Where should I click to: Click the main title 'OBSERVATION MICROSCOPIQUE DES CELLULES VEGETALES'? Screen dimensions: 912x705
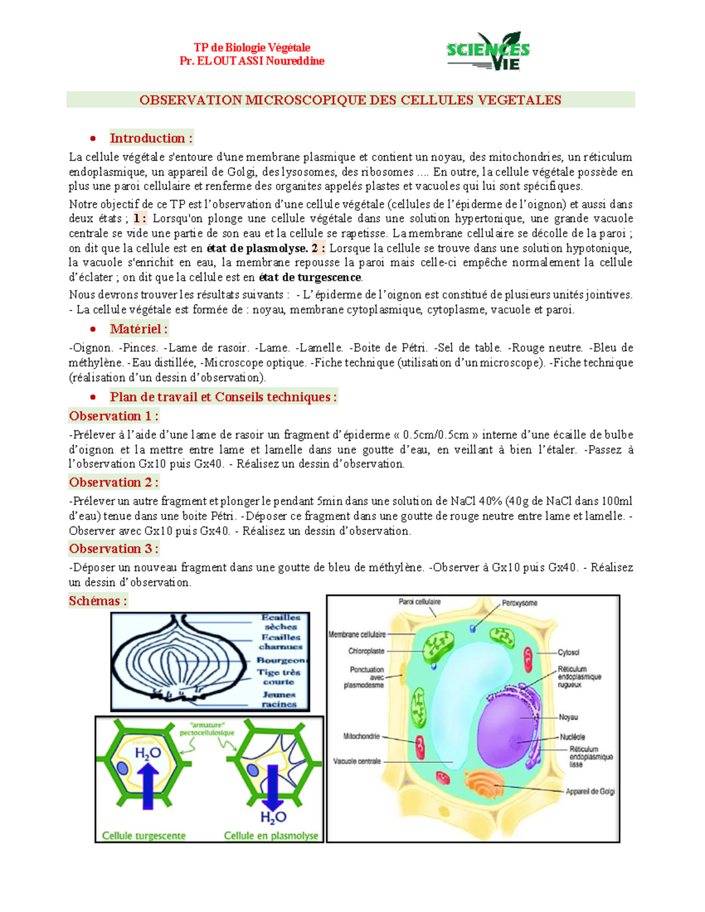[350, 100]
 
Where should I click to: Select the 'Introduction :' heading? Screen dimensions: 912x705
[151, 138]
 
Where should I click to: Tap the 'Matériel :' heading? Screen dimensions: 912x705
[139, 329]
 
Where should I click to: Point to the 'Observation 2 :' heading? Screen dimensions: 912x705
[113, 482]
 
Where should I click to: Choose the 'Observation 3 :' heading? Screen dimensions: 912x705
[113, 548]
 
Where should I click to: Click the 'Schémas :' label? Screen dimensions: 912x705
[98, 601]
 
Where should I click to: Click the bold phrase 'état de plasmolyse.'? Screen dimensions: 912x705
[257, 248]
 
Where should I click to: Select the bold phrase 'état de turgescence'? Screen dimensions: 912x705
[310, 277]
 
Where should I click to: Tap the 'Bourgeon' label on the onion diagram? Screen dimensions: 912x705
[280, 660]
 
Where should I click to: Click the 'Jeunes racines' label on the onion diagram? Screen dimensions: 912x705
[279, 699]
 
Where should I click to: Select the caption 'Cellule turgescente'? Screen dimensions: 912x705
[144, 835]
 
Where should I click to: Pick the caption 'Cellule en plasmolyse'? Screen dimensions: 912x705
[271, 835]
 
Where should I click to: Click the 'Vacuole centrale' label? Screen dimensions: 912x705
[357, 761]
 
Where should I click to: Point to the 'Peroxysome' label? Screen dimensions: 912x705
[519, 603]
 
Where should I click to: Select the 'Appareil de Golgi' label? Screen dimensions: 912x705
[590, 792]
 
